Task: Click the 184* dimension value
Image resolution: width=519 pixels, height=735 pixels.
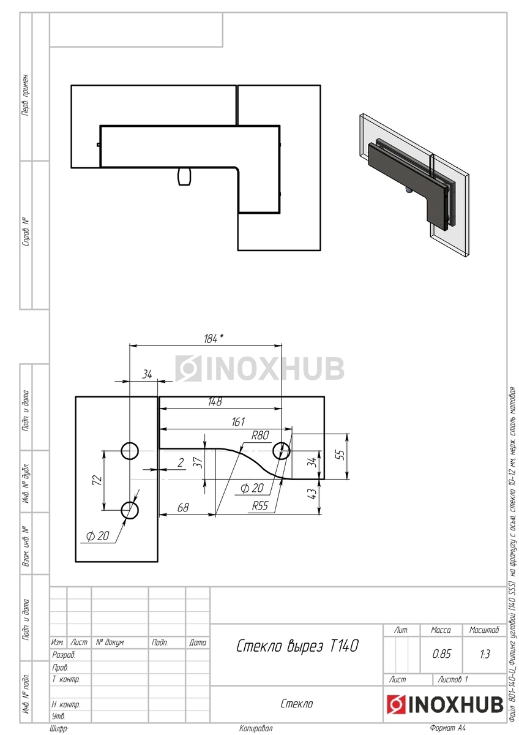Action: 214,339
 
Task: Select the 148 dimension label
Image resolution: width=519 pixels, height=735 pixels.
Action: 215,402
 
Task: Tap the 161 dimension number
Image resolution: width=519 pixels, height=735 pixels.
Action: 237,421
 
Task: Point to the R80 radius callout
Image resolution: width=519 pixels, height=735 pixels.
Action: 260,435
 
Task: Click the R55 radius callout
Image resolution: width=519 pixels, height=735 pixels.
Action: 259,506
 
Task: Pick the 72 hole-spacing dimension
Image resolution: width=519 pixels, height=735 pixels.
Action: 98,480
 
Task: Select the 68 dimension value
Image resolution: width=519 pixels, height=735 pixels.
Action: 182,508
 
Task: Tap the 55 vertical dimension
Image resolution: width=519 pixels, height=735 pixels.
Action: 341,454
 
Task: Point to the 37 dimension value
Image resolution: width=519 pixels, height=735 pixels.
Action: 198,462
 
